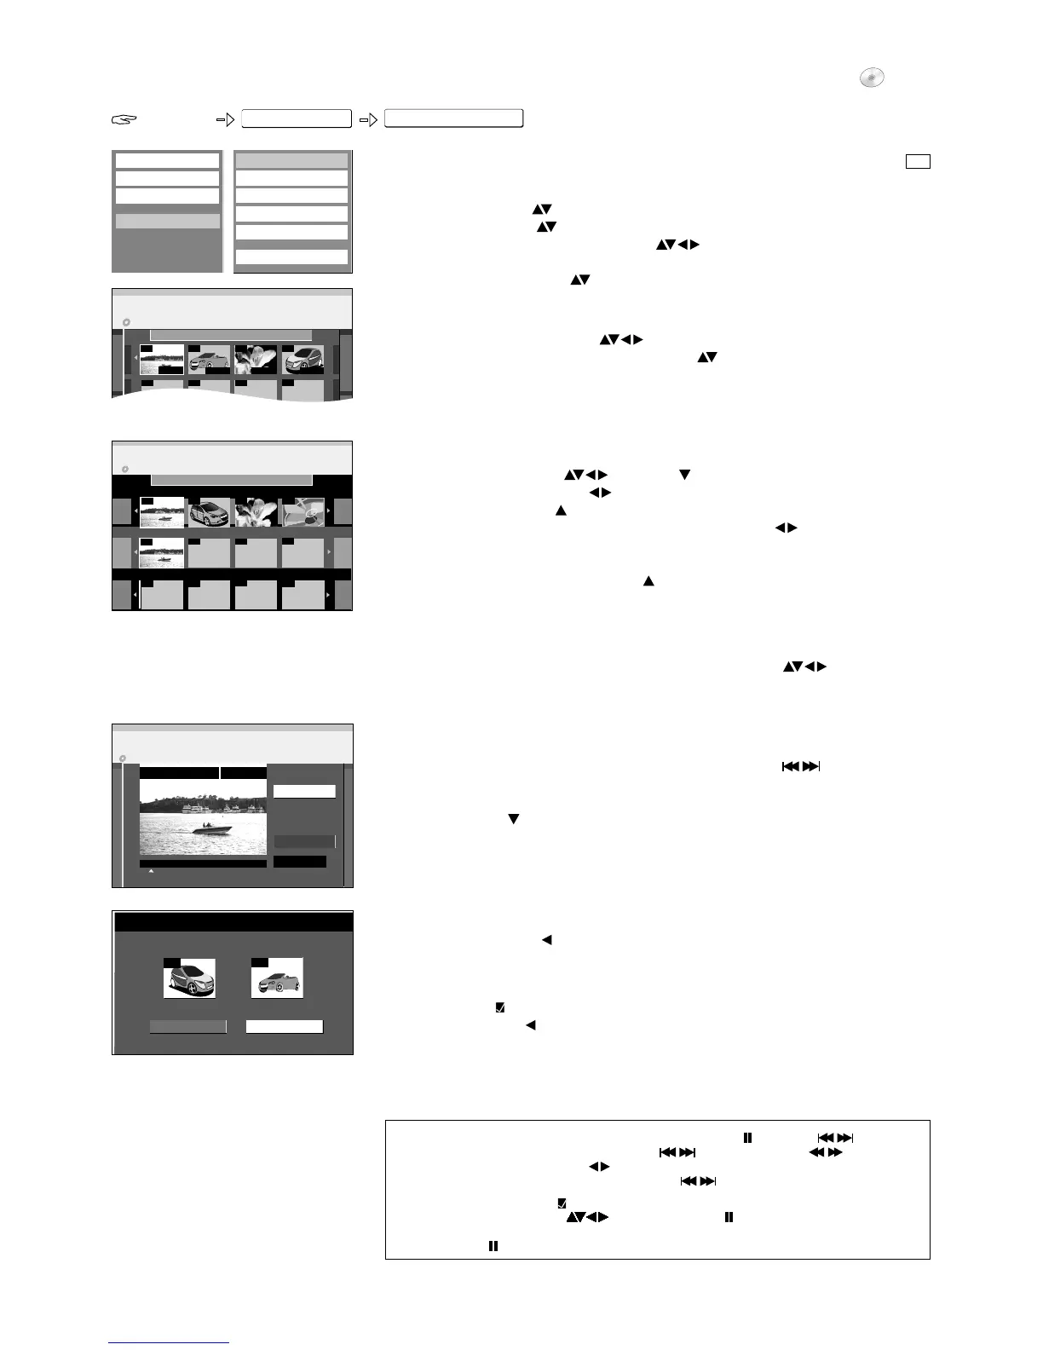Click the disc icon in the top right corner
click(x=871, y=78)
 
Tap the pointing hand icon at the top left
click(x=124, y=120)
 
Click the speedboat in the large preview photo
click(x=210, y=828)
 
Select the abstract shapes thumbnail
click(x=303, y=511)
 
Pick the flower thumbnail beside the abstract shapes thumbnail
click(x=256, y=511)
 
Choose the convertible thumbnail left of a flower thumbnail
click(x=209, y=360)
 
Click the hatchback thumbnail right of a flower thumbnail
click(x=303, y=360)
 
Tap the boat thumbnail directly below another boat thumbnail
click(x=162, y=552)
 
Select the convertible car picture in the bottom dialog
click(x=277, y=978)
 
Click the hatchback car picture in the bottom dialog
click(x=189, y=978)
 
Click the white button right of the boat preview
click(x=304, y=791)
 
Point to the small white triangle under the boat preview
click(x=151, y=871)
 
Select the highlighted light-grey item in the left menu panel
click(x=167, y=221)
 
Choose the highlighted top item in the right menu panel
click(x=291, y=160)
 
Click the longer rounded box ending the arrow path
click(x=453, y=119)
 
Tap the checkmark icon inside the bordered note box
click(x=562, y=1203)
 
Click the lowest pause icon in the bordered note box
click(x=493, y=1246)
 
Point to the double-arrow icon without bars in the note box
click(x=825, y=1152)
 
